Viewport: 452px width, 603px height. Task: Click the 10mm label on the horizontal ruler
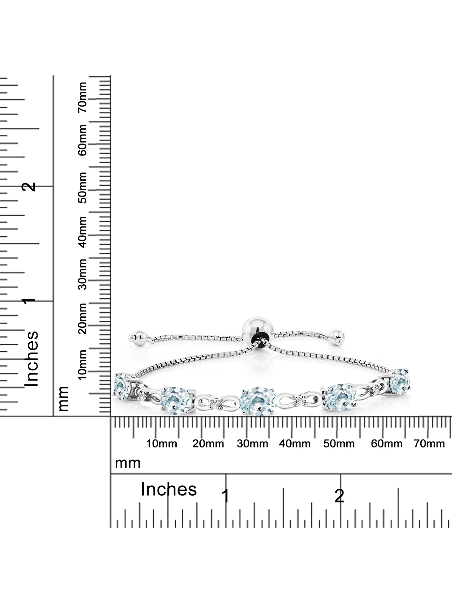[x=162, y=444]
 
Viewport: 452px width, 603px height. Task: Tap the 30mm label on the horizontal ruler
[x=252, y=444]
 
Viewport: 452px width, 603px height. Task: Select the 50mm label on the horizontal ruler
[x=339, y=444]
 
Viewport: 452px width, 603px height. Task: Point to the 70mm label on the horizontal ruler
[x=429, y=444]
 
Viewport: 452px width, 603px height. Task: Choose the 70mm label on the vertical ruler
[x=82, y=97]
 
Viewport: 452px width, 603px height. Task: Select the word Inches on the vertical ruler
[x=32, y=359]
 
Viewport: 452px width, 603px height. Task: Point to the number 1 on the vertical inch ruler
[x=30, y=301]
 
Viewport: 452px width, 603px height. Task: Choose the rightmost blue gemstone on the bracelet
[x=400, y=381]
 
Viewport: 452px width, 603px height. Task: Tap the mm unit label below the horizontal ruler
[x=128, y=463]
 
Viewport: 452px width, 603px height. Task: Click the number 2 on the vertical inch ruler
[x=30, y=186]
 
